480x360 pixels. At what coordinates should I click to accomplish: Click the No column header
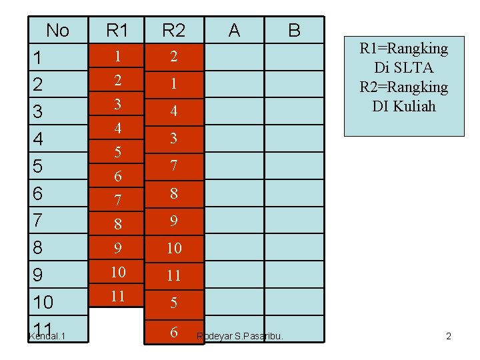(x=57, y=31)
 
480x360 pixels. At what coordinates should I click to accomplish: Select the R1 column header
(x=117, y=31)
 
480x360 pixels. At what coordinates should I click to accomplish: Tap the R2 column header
(x=173, y=31)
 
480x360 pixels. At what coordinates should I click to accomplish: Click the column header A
(x=234, y=31)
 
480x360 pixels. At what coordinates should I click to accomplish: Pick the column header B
(x=293, y=31)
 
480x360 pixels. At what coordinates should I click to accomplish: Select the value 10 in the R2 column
(x=173, y=248)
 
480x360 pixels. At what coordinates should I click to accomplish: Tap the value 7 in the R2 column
(x=173, y=165)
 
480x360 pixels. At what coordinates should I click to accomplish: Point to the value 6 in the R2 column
(x=173, y=331)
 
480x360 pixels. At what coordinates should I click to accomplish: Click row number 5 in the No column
(x=39, y=166)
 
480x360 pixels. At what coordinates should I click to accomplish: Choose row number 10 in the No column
(x=43, y=303)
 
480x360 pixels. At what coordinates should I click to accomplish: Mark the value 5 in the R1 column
(x=117, y=152)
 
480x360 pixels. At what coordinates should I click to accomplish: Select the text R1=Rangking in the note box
(x=403, y=49)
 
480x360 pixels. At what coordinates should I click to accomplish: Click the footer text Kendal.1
(x=46, y=335)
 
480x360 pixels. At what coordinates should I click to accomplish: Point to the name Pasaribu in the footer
(x=261, y=336)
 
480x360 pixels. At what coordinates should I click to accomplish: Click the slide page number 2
(x=449, y=336)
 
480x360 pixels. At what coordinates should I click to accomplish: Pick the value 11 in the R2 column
(x=173, y=275)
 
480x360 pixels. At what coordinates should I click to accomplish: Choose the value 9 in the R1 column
(x=117, y=248)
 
